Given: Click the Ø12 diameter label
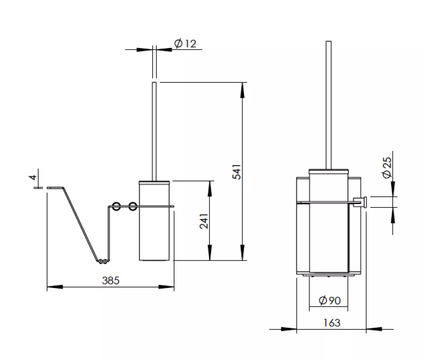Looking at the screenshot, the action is (x=185, y=43).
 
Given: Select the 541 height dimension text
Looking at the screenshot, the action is (x=236, y=171).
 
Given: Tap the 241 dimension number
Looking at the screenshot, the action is (x=204, y=221).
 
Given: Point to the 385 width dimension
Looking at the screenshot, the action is (x=111, y=280).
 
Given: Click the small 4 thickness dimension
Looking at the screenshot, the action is (x=33, y=177).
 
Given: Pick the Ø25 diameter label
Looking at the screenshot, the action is (x=387, y=167).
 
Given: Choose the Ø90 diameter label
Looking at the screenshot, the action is (x=329, y=300).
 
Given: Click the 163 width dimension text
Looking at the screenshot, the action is (x=332, y=323).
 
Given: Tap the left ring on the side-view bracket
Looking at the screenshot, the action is (x=116, y=207).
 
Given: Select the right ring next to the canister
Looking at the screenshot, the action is (x=132, y=207).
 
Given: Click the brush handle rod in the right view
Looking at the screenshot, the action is (x=329, y=105).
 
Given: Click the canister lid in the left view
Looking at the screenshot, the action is (x=154, y=183).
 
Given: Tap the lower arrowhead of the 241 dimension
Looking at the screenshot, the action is (x=209, y=253).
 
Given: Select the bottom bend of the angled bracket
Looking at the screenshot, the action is (x=103, y=261).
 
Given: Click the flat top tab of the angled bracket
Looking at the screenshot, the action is (x=55, y=187).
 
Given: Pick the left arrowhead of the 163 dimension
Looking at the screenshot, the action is (x=289, y=329).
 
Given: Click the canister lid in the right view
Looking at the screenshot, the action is (x=329, y=171).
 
